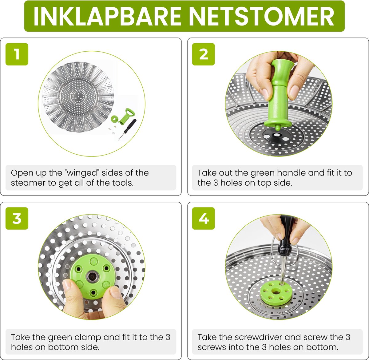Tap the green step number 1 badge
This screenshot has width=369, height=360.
[17, 54]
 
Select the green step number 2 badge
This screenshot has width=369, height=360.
[204, 54]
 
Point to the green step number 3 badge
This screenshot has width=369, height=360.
[17, 218]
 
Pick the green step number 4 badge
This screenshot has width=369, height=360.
[204, 218]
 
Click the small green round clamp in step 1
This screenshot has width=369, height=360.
[114, 119]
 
